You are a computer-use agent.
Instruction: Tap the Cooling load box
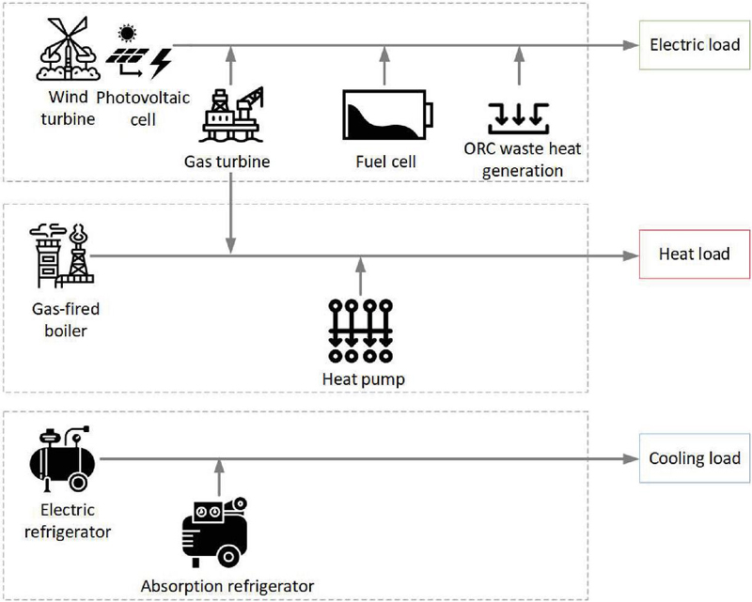[694, 459]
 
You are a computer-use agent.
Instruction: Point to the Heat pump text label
[362, 378]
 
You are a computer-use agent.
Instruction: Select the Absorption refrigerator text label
[227, 587]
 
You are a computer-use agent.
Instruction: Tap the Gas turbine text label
[227, 162]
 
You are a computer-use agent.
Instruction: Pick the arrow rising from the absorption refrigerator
[218, 479]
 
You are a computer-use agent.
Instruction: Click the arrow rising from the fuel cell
[384, 65]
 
